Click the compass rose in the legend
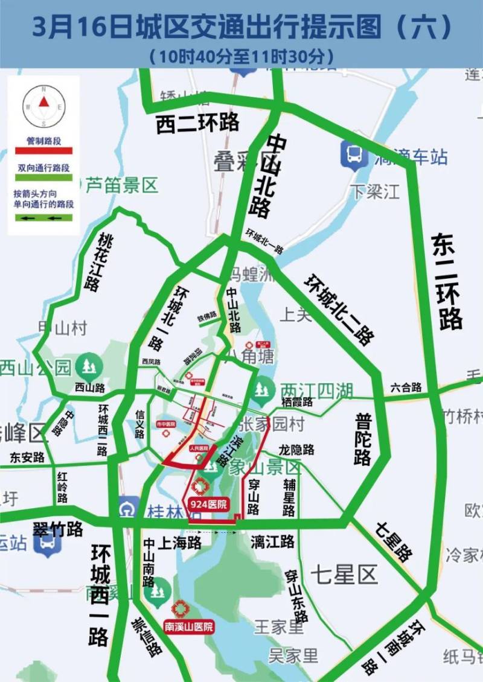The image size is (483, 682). click(x=43, y=106)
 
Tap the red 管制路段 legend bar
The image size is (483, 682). click(x=42, y=150)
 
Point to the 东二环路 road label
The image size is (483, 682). click(x=447, y=281)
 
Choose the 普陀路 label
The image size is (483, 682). click(x=362, y=439)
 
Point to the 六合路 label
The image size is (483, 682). click(x=406, y=387)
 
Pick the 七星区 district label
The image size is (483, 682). click(x=344, y=573)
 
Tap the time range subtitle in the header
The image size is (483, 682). click(x=241, y=57)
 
